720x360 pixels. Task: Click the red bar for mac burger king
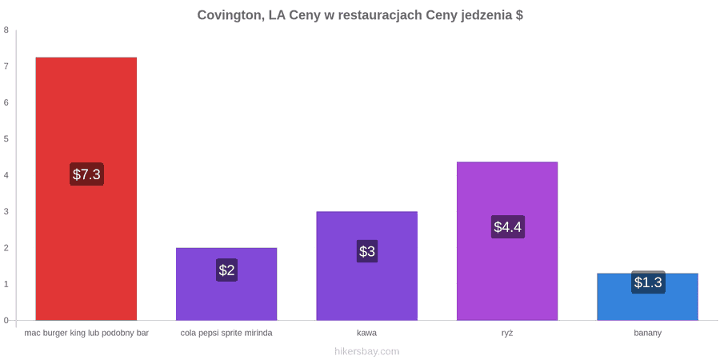coord(86,189)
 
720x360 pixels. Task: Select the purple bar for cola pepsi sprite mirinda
coord(226,284)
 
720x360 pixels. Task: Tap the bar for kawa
coord(367,266)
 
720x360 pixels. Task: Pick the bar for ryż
coord(507,241)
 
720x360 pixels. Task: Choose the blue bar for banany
coord(647,297)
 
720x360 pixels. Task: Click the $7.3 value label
coord(86,174)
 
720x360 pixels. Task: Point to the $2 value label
coord(226,270)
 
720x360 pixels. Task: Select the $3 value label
coord(367,251)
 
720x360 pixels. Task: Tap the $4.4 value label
coord(508,227)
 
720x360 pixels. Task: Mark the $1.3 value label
coord(648,282)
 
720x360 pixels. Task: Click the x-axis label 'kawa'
coord(367,333)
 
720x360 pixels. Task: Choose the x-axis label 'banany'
coord(647,333)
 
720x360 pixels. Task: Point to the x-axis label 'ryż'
coord(507,333)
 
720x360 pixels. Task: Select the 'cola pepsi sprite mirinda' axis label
coord(226,333)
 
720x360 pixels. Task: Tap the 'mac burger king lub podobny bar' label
coord(86,333)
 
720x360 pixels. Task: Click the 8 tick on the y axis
coord(6,30)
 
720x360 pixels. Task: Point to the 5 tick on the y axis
coord(6,139)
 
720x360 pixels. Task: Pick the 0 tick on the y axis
coord(6,321)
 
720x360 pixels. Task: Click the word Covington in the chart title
coord(231,16)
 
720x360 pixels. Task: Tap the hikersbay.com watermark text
coord(367,352)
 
